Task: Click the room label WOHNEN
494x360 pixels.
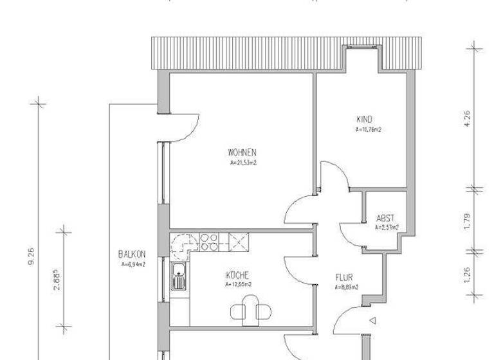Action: pos(242,153)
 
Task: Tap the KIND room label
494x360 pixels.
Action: pos(365,119)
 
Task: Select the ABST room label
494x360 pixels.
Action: pos(386,218)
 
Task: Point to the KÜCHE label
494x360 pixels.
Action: pos(237,275)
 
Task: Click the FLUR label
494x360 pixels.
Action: pos(343,278)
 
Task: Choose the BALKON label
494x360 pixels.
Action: pos(131,254)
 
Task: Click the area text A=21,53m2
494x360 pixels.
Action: pos(242,163)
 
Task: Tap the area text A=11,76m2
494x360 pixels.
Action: pos(369,129)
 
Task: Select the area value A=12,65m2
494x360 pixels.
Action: pos(238,284)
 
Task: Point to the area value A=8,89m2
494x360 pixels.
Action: pos(346,287)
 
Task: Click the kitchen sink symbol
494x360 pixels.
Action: pos(178,278)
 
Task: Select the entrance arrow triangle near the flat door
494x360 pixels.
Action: pos(372,319)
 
